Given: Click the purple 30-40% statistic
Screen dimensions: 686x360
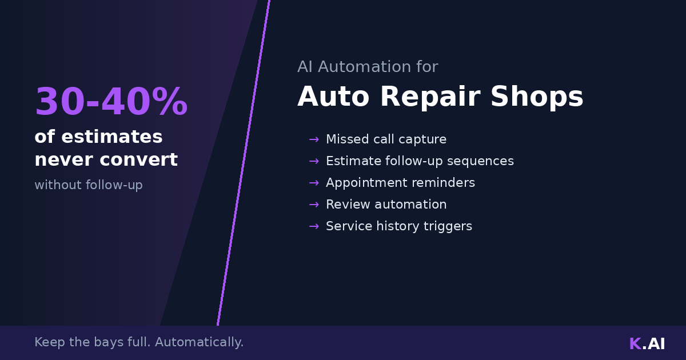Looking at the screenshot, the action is (111, 101).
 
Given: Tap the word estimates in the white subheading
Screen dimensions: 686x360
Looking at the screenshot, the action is (112, 137).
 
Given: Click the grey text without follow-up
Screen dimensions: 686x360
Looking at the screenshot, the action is (89, 185).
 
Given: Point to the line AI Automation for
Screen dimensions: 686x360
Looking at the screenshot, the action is (368, 66).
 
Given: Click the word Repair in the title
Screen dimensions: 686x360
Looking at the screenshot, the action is (430, 96).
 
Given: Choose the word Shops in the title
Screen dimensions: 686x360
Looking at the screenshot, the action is (537, 96).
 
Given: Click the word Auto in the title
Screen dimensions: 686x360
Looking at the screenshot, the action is (333, 96).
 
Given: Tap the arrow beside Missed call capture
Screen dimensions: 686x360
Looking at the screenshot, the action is (314, 139).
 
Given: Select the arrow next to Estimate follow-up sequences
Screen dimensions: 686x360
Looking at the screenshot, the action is (314, 161).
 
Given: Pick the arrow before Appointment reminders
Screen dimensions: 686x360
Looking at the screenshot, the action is (314, 183).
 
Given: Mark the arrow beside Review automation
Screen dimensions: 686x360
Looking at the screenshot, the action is (314, 205).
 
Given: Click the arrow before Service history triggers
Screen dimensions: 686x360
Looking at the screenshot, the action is (314, 226).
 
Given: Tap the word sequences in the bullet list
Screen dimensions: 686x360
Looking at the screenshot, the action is (481, 161).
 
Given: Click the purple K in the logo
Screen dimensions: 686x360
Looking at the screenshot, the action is (635, 343).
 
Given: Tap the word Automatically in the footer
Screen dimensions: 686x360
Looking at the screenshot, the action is (199, 342).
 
